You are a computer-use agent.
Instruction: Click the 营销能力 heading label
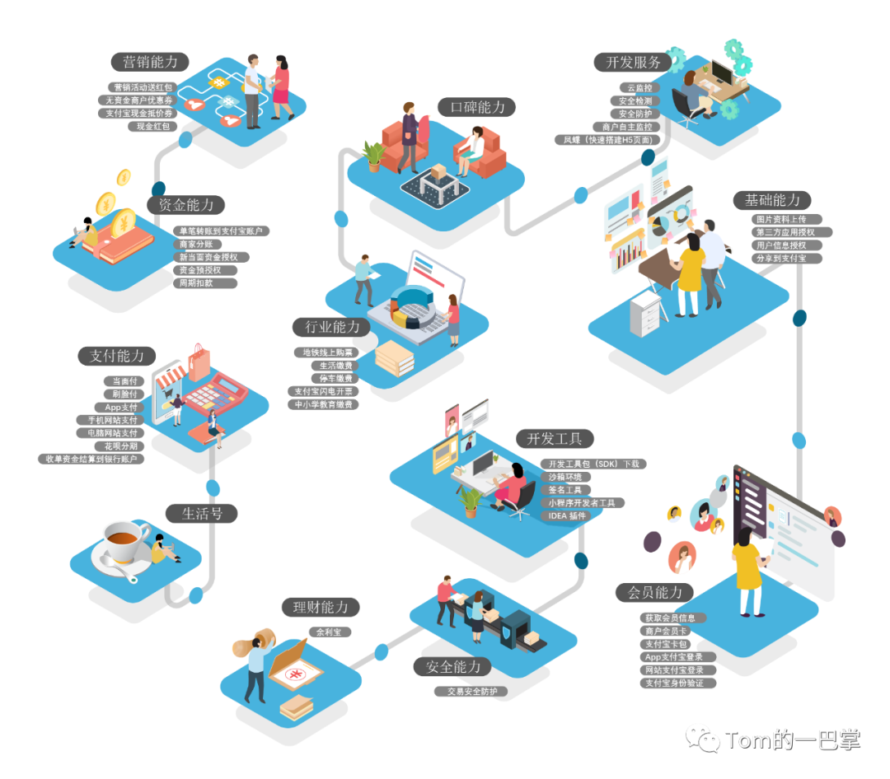coord(150,62)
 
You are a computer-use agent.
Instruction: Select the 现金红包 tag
coord(152,126)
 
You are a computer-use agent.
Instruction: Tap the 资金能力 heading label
coord(185,205)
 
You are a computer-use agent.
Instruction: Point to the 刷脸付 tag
coord(125,394)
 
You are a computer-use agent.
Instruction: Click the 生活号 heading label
coord(202,514)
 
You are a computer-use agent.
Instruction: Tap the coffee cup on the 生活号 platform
coord(124,543)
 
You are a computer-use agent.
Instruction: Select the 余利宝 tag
coord(330,632)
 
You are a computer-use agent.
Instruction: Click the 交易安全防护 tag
coord(471,692)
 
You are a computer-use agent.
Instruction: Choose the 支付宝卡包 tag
coord(666,644)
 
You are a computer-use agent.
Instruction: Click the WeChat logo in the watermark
coord(703,738)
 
